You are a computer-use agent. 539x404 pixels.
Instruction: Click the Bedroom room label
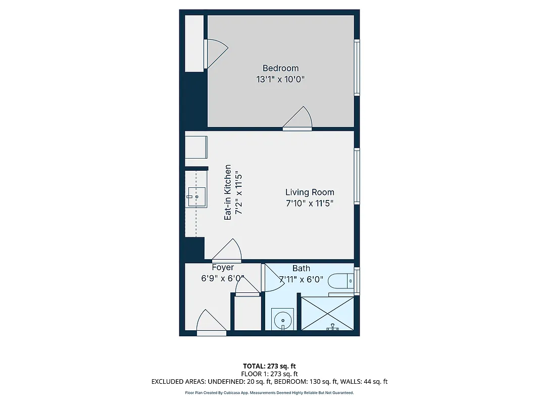tap(280, 68)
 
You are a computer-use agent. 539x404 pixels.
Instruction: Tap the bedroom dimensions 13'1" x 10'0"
tap(280, 79)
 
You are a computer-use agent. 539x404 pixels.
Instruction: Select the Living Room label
tap(310, 192)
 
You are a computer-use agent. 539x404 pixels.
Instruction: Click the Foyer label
tap(222, 268)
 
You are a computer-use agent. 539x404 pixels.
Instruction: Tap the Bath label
tap(301, 268)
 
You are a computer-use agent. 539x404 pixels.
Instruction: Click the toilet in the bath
tap(340, 280)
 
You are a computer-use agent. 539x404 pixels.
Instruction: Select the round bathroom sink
tap(282, 320)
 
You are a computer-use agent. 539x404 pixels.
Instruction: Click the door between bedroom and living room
tap(298, 119)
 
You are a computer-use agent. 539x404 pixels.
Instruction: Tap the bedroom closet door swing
tap(216, 54)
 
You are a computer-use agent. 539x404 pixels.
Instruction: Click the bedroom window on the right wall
tap(357, 67)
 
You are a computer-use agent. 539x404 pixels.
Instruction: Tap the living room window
tap(357, 176)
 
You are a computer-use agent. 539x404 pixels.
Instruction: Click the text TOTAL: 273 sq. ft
tap(269, 366)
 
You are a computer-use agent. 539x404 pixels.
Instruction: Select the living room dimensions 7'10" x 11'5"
tap(310, 204)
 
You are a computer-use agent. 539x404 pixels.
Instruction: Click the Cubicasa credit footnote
tap(269, 392)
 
